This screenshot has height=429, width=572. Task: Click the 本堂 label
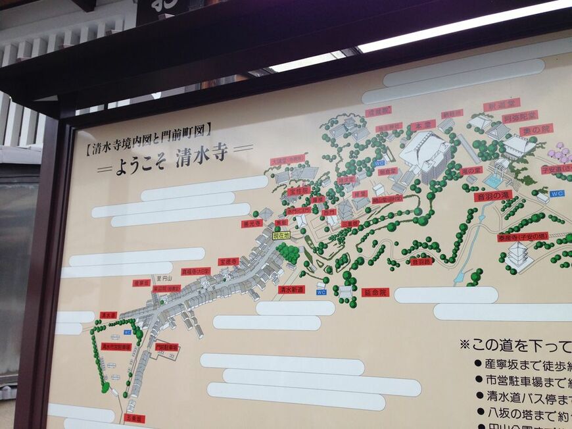pyautogui.click(x=423, y=124)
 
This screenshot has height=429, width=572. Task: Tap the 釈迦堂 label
pyautogui.click(x=502, y=105)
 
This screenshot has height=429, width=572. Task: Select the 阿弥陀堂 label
pyautogui.click(x=519, y=116)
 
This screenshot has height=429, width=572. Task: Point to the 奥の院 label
pyautogui.click(x=536, y=130)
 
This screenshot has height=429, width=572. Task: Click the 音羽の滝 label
pyautogui.click(x=492, y=195)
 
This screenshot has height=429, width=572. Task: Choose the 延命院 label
pyautogui.click(x=375, y=291)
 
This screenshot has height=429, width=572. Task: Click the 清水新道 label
pyautogui.click(x=291, y=288)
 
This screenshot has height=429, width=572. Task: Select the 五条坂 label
pyautogui.click(x=133, y=418)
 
